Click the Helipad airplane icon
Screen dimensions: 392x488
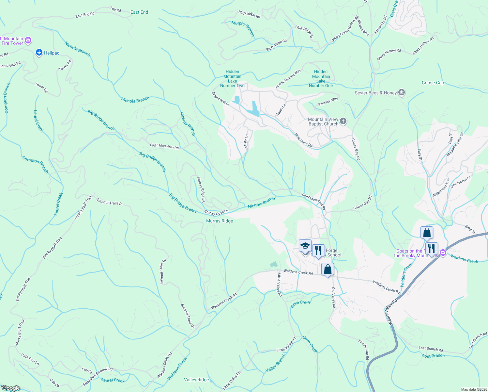click(39, 52)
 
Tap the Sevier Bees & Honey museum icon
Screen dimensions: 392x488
click(402, 93)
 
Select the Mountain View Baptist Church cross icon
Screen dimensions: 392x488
click(343, 122)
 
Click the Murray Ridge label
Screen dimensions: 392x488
click(220, 221)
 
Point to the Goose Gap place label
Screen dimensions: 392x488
click(433, 83)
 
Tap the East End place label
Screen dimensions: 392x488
click(139, 12)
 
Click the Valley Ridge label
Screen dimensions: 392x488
click(196, 380)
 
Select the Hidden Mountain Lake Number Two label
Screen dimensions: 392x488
click(232, 79)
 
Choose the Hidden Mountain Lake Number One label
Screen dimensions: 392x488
click(321, 79)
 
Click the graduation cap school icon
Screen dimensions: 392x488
click(305, 246)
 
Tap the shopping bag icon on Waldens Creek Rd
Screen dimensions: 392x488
click(328, 269)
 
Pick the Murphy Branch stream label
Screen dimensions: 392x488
click(243, 28)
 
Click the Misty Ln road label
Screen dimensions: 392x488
click(247, 141)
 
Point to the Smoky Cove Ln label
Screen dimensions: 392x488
click(216, 213)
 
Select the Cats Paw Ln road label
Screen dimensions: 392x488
click(30, 359)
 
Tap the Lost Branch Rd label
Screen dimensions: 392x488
click(431, 349)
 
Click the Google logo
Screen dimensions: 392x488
click(11, 388)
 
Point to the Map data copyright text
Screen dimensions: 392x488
click(473, 389)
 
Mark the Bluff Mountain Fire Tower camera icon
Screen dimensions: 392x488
click(28, 41)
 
